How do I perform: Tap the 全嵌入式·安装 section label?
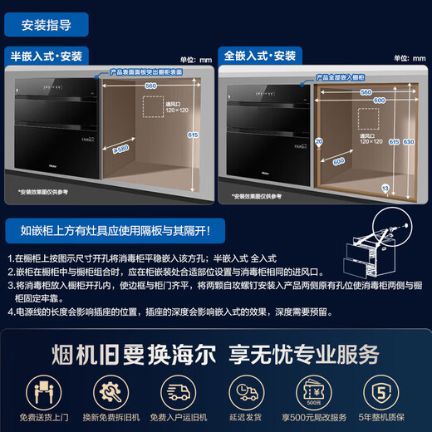pos(259,56)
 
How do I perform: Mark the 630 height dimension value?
pos(409,142)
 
